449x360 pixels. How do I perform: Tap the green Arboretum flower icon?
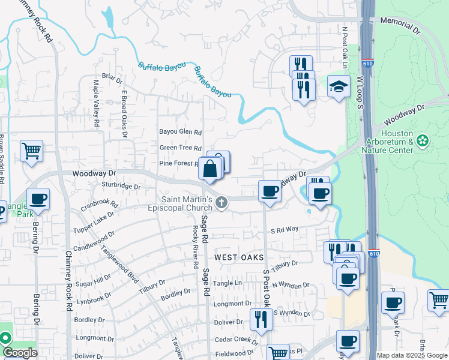click(423, 141)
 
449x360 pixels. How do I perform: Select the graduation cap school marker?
click(339, 88)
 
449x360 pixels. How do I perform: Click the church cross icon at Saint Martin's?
click(221, 202)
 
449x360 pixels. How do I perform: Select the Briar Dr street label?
click(112, 77)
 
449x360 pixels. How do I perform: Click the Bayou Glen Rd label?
click(179, 132)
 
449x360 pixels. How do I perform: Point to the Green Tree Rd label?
click(180, 148)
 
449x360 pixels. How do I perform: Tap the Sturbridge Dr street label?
click(121, 187)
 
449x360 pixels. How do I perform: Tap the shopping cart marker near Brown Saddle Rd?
click(31, 151)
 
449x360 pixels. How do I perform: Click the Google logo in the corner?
click(20, 353)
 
